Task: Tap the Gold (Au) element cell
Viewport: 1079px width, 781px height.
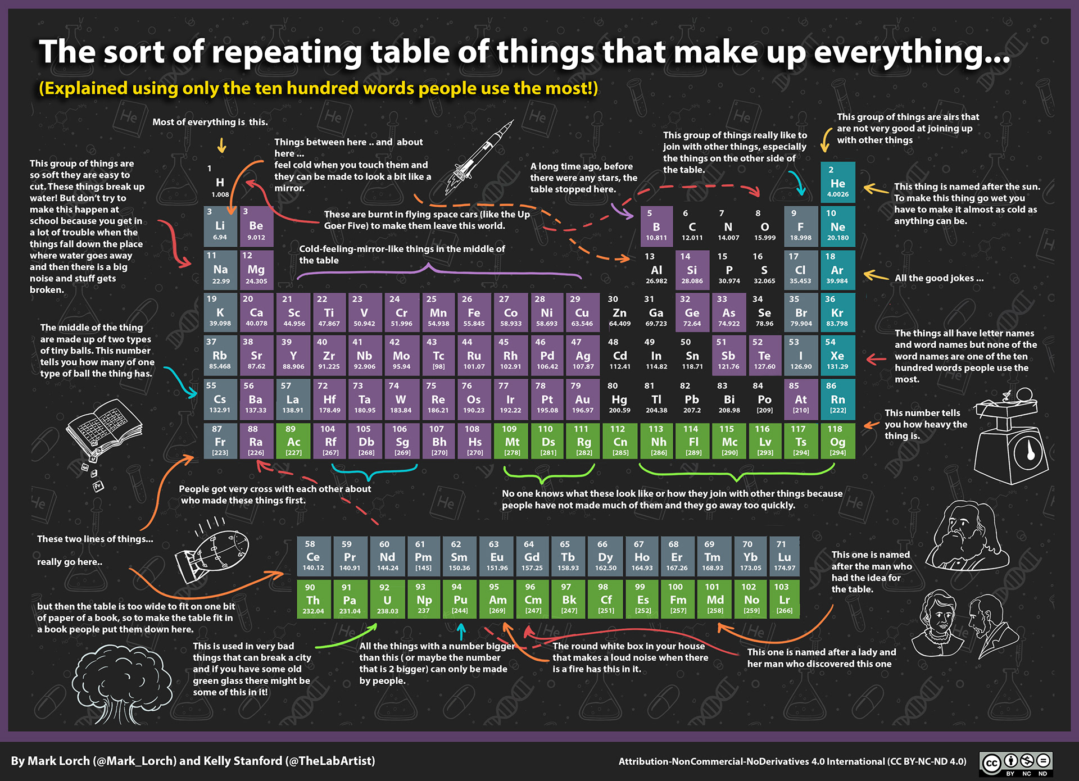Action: (x=582, y=399)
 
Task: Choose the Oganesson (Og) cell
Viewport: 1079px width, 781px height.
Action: (x=837, y=442)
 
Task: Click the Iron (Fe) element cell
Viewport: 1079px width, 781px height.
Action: (x=474, y=313)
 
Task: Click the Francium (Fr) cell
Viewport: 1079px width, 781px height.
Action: (x=220, y=442)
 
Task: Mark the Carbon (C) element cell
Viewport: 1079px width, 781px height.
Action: (x=692, y=226)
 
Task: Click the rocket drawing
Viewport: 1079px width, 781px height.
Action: (x=480, y=157)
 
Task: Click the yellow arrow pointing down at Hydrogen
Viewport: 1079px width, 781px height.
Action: (x=222, y=146)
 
